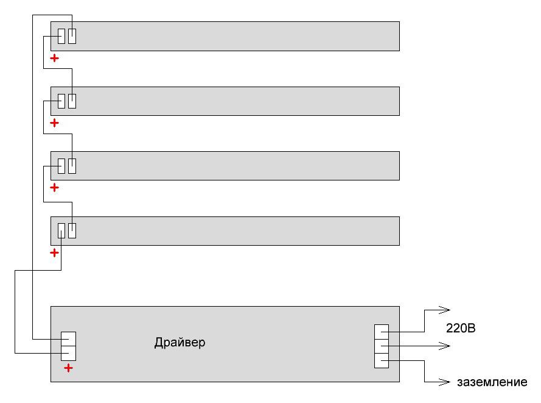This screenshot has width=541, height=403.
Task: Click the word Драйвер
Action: point(180,343)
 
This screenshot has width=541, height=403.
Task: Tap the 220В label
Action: point(461,328)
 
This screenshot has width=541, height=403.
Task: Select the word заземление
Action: point(492,382)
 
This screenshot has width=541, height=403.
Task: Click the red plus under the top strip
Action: point(55,58)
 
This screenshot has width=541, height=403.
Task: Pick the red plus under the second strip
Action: point(55,123)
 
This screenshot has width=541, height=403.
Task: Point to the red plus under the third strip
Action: point(55,188)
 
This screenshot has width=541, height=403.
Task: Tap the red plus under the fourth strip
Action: point(55,252)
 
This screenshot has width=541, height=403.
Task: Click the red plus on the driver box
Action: point(68,368)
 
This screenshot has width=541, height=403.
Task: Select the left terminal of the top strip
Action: point(61,37)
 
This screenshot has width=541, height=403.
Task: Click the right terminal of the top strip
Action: point(72,37)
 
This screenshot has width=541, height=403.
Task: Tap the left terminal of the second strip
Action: point(61,101)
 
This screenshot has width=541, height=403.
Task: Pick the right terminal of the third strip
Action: point(72,166)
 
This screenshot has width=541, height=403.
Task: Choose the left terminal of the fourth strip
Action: point(61,230)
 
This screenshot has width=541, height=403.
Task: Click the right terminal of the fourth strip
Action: point(72,230)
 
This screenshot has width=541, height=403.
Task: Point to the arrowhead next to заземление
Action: point(444,382)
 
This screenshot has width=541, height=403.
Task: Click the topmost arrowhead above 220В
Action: point(444,310)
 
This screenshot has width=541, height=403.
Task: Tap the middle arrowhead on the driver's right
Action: point(444,346)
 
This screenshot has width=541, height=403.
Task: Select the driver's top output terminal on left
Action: point(68,339)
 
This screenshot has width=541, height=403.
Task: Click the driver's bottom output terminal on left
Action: point(68,353)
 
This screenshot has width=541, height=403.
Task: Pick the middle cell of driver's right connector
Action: point(382,346)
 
